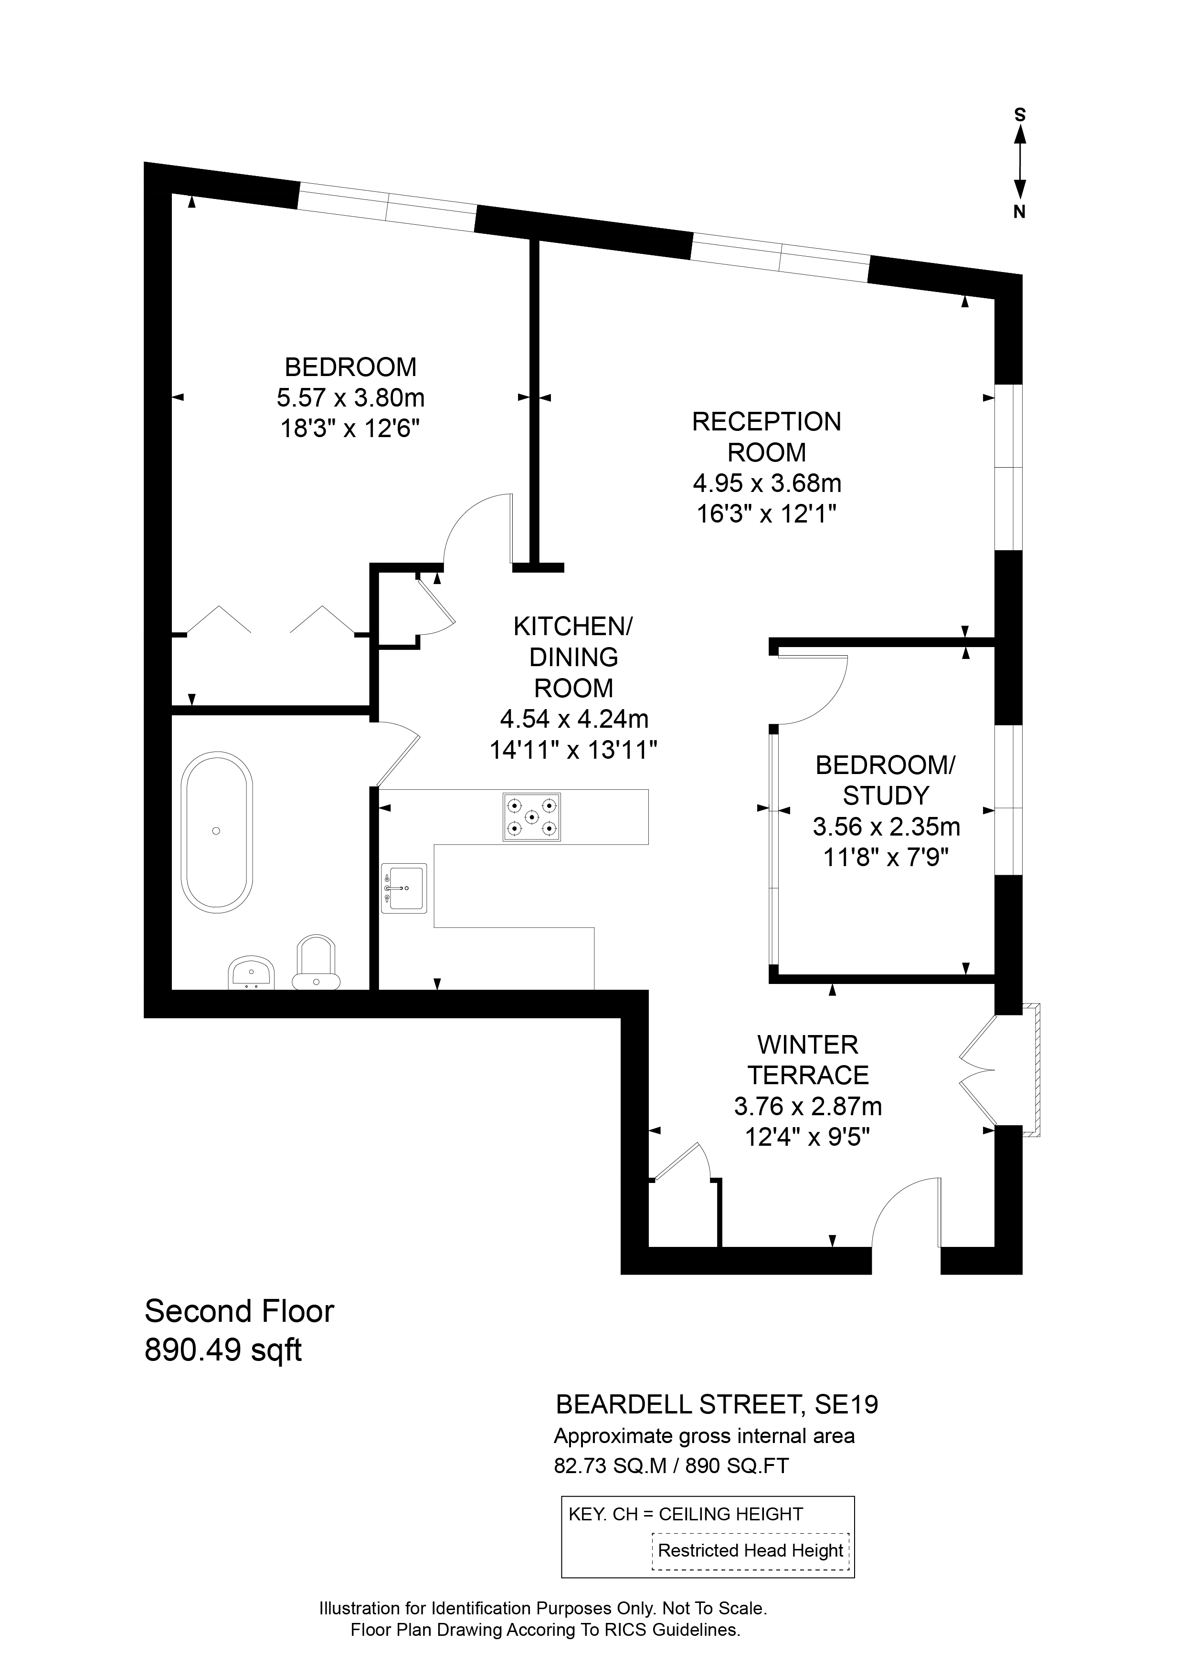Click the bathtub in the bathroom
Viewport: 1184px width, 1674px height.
point(217,832)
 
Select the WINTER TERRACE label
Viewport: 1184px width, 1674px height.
point(808,1060)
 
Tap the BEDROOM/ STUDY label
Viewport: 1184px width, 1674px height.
point(885,780)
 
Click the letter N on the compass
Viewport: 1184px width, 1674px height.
point(1020,212)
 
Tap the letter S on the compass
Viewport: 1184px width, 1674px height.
point(1020,115)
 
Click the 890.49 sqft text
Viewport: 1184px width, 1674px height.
point(223,1350)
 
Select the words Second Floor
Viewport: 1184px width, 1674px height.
point(239,1311)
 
